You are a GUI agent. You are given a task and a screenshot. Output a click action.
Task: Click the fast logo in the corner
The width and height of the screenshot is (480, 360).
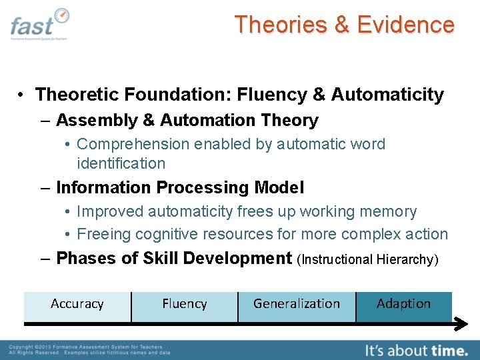[x=39, y=25]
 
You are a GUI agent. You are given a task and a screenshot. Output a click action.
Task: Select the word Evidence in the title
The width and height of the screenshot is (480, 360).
[x=405, y=25]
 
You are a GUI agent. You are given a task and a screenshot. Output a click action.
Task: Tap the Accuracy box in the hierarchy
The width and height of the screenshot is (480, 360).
[x=77, y=304]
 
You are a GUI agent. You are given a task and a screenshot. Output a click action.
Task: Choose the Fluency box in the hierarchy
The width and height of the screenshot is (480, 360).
[x=185, y=304]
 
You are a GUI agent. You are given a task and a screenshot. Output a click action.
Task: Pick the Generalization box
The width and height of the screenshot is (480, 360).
[x=297, y=304]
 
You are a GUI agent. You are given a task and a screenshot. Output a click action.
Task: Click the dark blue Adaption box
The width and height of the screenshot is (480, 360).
[x=403, y=304]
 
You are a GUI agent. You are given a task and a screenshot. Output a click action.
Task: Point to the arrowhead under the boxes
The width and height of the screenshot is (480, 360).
[x=461, y=324]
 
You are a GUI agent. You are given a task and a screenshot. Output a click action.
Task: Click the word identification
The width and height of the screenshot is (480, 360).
[x=121, y=163]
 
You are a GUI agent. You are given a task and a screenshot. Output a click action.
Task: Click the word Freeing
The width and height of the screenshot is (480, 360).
[x=103, y=234]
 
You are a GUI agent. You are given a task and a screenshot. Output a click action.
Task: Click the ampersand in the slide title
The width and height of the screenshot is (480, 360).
[x=341, y=25]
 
